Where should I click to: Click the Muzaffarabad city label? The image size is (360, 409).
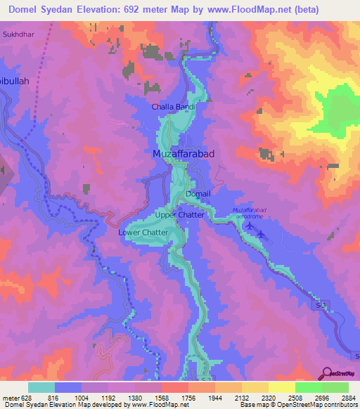pos(184,153)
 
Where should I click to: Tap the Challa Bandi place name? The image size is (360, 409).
pos(174,107)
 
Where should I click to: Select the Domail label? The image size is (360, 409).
pos(198,193)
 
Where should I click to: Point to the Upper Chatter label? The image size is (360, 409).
pos(179,214)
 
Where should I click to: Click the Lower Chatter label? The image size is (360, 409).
pos(143,233)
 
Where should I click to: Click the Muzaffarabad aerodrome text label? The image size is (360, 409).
pos(251,213)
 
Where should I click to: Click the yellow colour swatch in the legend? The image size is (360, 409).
pos(281,387)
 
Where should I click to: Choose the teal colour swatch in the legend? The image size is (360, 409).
pos(41,387)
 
